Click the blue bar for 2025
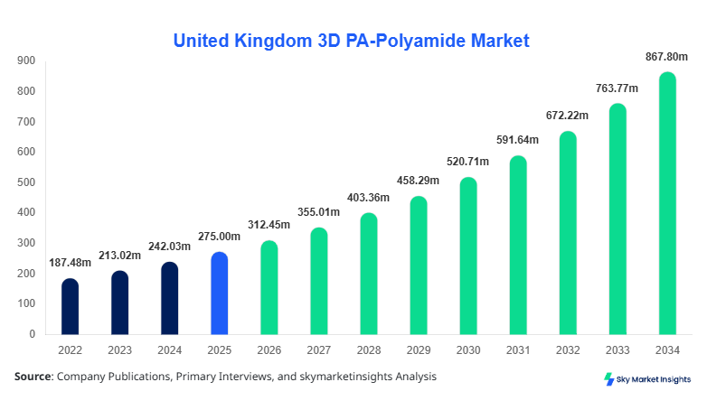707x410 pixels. click(x=220, y=294)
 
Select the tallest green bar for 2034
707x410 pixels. click(x=667, y=203)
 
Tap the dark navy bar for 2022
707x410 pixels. click(x=71, y=307)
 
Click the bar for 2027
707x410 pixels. click(x=319, y=281)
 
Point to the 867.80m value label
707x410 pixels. click(x=665, y=56)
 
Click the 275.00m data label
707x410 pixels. click(x=220, y=236)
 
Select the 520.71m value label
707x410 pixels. click(x=467, y=162)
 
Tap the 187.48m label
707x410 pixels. click(x=71, y=263)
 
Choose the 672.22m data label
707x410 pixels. click(x=567, y=116)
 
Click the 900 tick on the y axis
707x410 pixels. click(x=26, y=61)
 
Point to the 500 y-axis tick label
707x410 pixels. click(x=26, y=182)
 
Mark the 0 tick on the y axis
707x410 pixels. click(x=32, y=334)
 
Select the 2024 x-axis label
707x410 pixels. click(x=170, y=349)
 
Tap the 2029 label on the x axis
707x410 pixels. click(x=419, y=349)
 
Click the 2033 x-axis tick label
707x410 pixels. click(x=617, y=349)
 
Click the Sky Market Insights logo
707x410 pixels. click(x=646, y=379)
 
